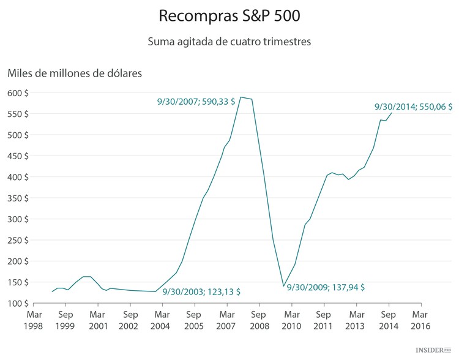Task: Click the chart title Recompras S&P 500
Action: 229,15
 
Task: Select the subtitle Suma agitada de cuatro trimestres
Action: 229,42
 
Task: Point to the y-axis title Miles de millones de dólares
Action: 75,73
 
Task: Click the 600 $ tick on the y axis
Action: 19,93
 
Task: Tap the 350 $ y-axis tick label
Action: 19,198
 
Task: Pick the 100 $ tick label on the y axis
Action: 19,304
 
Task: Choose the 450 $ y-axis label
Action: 19,156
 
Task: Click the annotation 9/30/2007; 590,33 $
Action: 196,102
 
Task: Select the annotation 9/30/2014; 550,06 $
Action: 413,107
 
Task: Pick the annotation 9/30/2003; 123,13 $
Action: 201,292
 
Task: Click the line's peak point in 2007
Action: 241,97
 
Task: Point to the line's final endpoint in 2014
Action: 392,113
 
